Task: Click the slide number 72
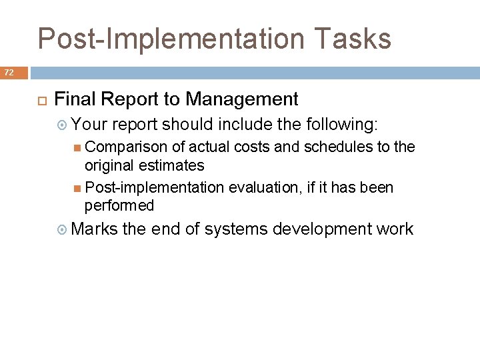(9, 71)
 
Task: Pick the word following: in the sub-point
(341, 123)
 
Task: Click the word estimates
(176, 165)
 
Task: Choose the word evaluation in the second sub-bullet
(263, 188)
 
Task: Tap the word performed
(119, 206)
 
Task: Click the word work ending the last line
(395, 229)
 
